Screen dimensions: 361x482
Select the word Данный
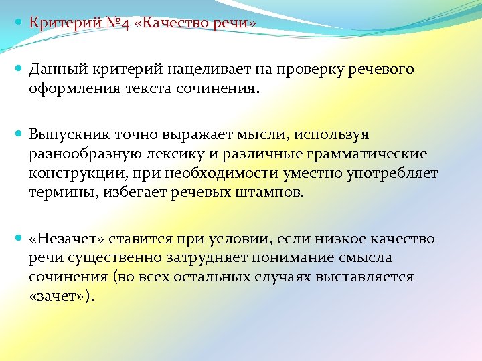pos(55,70)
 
